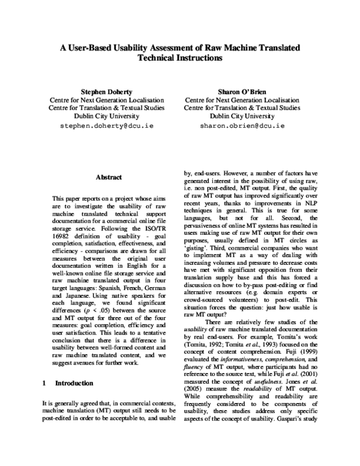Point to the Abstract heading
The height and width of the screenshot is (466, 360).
[x=109, y=177]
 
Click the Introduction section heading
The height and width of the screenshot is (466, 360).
[x=74, y=383]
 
